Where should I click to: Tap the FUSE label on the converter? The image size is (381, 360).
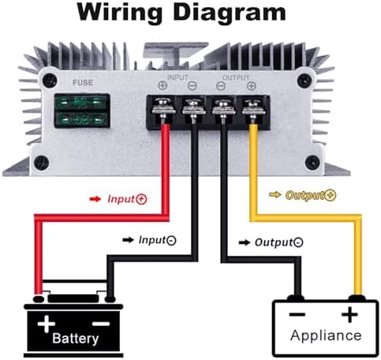coord(83,83)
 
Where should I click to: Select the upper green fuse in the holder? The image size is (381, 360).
coord(81,103)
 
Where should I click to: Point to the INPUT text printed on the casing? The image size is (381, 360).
coord(177,77)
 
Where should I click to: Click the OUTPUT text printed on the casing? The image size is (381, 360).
coord(236,77)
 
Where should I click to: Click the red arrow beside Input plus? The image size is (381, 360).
coord(95,199)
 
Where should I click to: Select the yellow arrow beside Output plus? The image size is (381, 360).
coord(275,195)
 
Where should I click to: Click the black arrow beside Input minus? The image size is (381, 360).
coord(128,240)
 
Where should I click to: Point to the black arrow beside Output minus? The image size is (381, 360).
coord(245,242)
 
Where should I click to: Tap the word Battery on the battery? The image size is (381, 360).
coord(76,339)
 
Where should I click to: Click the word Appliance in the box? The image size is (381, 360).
coord(326,336)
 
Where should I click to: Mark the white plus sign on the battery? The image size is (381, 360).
coord(47,324)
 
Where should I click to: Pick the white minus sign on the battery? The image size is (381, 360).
coord(101,323)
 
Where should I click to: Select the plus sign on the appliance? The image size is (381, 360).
coord(349,314)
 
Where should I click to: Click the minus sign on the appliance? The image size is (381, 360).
coord(297,314)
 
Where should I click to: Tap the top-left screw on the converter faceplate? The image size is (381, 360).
coord(50,80)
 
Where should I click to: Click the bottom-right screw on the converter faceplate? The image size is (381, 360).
coord(312,163)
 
